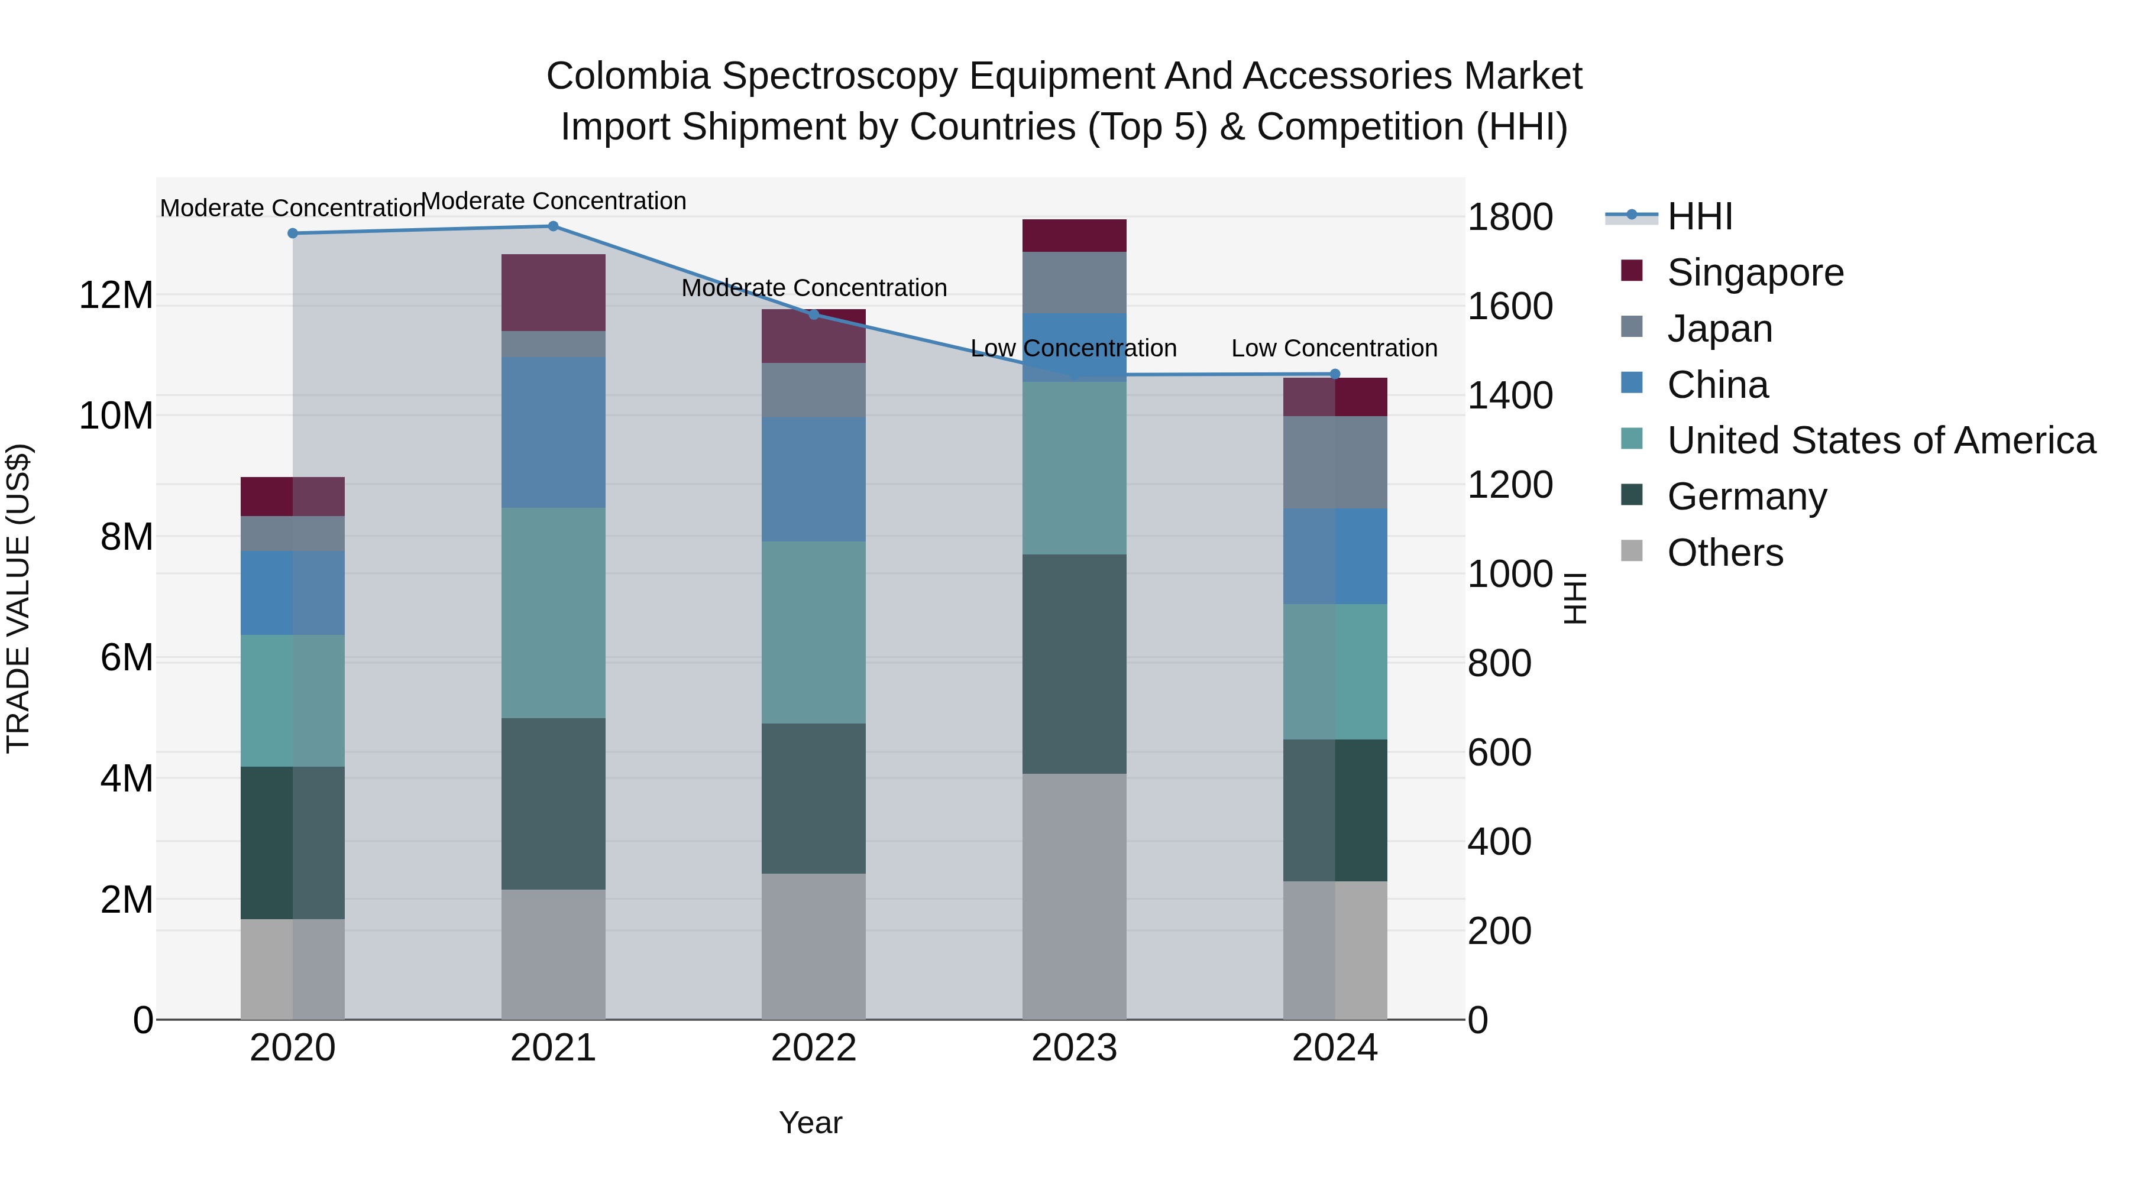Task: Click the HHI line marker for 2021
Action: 553,226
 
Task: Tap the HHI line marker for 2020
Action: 293,233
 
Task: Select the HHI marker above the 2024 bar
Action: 1334,374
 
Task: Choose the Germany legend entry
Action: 1746,497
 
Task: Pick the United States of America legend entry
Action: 1880,440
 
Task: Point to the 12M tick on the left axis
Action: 116,295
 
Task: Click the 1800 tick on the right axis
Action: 1509,218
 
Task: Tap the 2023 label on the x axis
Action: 1073,1048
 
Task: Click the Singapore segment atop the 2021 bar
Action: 553,293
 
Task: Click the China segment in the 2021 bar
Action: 553,432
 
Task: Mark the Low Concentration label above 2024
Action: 1334,349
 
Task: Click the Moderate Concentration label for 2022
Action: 813,288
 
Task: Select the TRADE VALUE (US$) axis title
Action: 18,598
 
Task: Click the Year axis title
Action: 810,1123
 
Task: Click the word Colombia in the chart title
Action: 627,77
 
